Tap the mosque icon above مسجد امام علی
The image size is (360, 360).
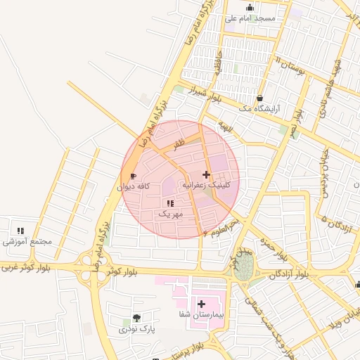click(250, 8)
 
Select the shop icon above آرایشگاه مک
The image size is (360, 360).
click(260, 98)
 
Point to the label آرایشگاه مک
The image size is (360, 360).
click(259, 109)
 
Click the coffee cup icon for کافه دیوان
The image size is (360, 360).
click(134, 176)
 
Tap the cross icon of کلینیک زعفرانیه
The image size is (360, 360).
click(206, 174)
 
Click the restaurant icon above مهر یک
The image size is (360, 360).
click(170, 203)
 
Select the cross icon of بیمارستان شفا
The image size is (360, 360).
click(202, 304)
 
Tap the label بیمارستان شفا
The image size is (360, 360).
click(201, 316)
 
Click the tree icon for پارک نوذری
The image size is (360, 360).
click(136, 318)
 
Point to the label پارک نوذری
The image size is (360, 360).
click(136, 329)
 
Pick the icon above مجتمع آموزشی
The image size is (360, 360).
click(20, 230)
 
